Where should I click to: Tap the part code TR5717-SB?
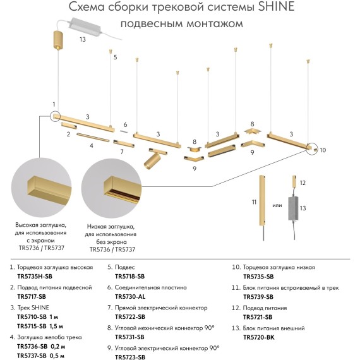click(31, 296)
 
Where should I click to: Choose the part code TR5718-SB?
click(129, 277)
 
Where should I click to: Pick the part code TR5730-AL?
click(129, 296)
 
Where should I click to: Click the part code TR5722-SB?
click(129, 316)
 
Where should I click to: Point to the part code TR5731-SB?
click(129, 337)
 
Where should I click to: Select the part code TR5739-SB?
click(258, 296)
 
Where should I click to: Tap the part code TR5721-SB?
click(258, 316)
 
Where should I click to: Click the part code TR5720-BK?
click(258, 337)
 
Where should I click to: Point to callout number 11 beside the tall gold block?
click(254, 201)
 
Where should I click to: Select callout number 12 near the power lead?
click(303, 183)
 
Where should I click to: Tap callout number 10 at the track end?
click(322, 150)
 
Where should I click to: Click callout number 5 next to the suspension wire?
click(116, 57)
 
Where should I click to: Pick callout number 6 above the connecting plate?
click(125, 124)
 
